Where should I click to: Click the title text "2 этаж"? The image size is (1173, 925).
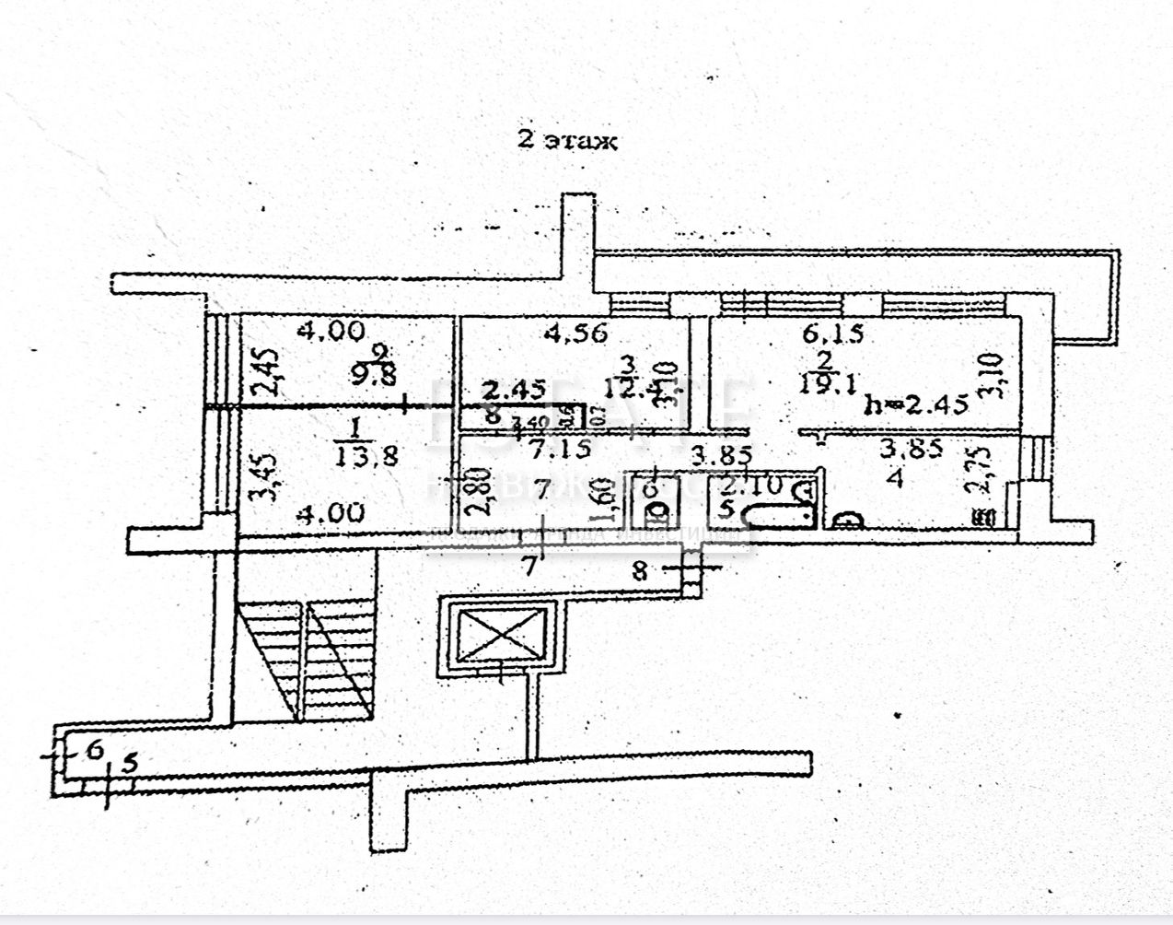565,141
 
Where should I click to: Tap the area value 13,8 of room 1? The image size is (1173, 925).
366,455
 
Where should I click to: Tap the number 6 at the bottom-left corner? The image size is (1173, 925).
93,750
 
